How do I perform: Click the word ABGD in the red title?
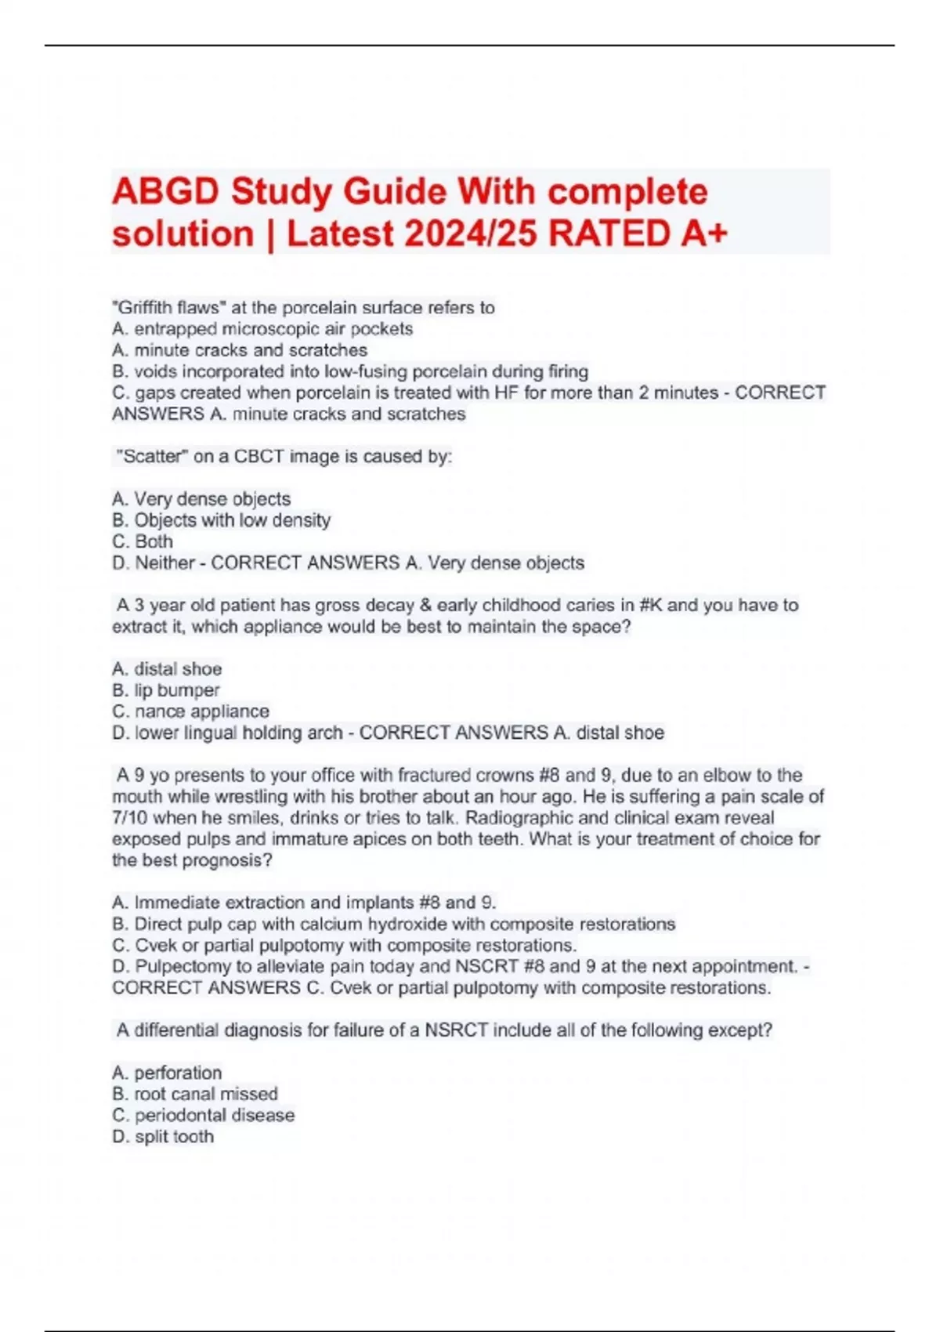pos(162,192)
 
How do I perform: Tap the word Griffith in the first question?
pos(144,308)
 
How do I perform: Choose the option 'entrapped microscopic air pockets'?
pos(273,329)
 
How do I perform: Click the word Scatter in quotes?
pos(152,456)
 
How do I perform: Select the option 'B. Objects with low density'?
pos(221,520)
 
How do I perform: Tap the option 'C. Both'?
pos(143,541)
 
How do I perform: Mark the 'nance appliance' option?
pos(201,711)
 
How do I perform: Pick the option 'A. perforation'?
pos(167,1073)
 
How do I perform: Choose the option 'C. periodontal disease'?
pos(204,1115)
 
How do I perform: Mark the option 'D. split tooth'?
pos(163,1137)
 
